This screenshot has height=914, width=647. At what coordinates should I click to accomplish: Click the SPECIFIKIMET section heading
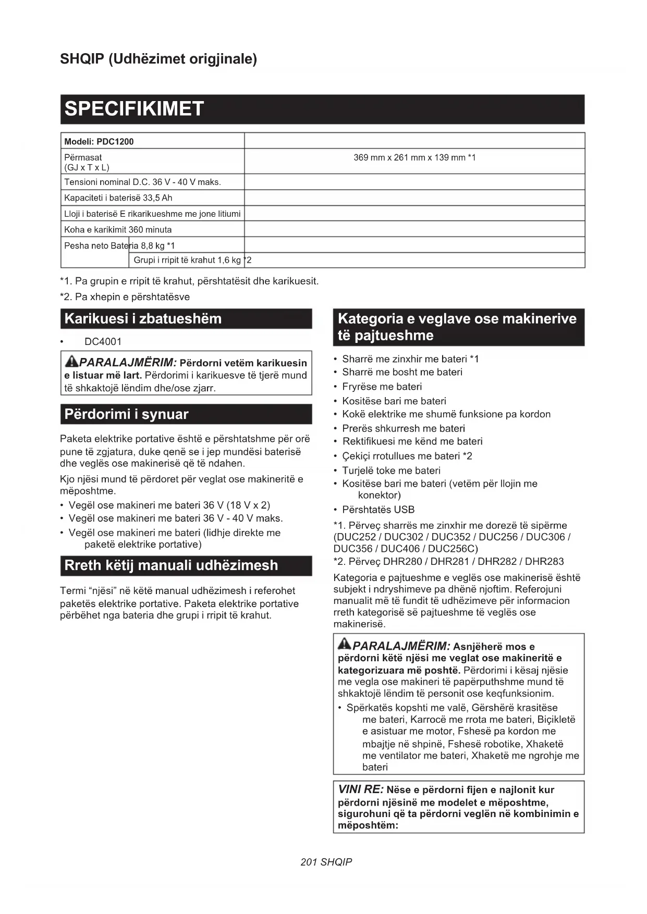pos(134,109)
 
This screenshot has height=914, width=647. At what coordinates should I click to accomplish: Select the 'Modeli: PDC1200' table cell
pos(99,142)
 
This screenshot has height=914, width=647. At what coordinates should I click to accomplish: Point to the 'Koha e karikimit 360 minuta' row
pos(118,230)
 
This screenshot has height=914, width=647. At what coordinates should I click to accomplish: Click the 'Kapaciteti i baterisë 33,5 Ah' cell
pos(118,198)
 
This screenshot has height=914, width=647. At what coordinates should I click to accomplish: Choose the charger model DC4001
pos(103,342)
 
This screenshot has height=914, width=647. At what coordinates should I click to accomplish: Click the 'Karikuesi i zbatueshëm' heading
pos(143,319)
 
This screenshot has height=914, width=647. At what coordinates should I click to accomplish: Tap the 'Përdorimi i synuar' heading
pos(126,414)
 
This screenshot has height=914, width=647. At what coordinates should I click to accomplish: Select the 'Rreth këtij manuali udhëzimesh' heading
pos(171,565)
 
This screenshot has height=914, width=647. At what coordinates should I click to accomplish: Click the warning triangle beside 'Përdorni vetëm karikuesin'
pos(71,361)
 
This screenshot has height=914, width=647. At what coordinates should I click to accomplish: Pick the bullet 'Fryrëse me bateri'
pos(382,387)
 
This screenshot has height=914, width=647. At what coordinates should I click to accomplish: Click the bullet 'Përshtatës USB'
pos(378,510)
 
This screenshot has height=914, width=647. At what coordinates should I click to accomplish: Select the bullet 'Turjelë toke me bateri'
pos(391,471)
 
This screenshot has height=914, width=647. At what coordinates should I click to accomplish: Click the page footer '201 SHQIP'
pos(326,862)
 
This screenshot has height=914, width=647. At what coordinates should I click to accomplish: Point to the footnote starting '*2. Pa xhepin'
pos(125,297)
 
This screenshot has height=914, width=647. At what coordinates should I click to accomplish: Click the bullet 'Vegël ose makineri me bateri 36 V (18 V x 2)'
pos(169,505)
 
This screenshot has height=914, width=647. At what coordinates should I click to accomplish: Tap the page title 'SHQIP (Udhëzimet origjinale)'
pos(158,59)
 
